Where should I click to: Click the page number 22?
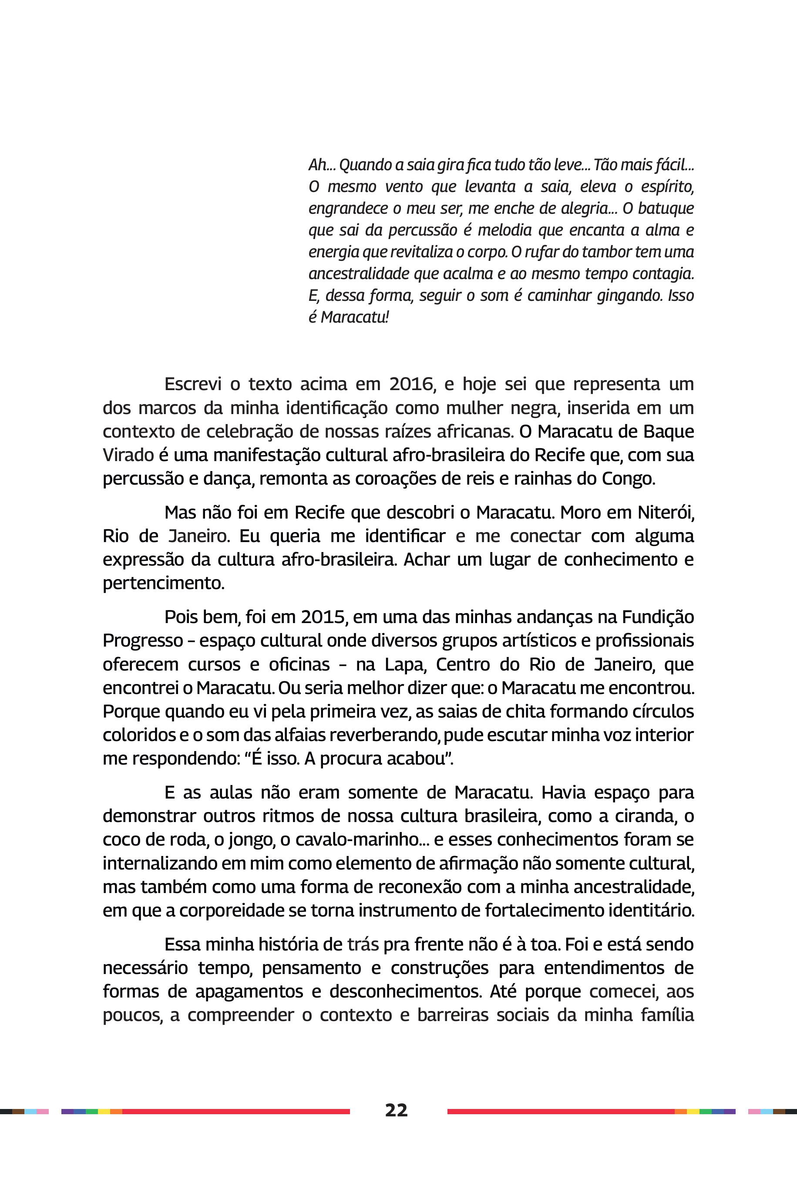point(396,1110)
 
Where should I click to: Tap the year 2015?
point(323,617)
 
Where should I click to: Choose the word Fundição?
point(658,617)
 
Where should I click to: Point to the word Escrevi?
point(193,384)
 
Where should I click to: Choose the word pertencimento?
point(163,583)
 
